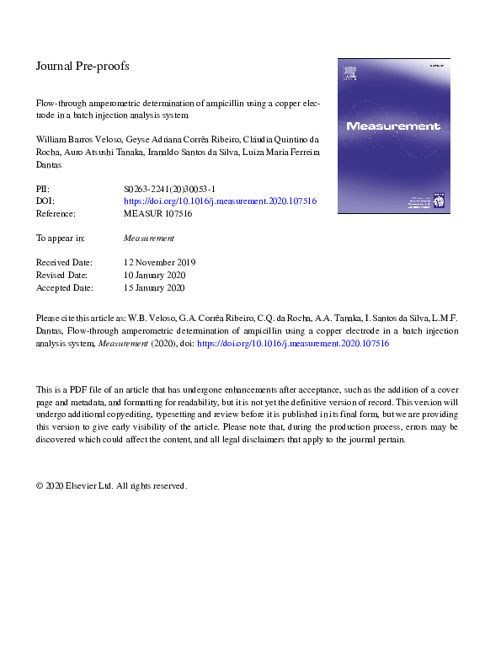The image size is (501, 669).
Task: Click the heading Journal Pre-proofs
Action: pyautogui.click(x=83, y=66)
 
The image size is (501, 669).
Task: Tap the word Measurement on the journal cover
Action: pyautogui.click(x=393, y=126)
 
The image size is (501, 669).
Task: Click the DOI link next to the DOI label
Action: pyautogui.click(x=220, y=202)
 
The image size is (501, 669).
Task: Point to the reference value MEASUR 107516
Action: pyautogui.click(x=157, y=214)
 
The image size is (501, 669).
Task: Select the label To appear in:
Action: pyautogui.click(x=60, y=238)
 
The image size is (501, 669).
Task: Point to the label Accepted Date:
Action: pyautogui.click(x=67, y=287)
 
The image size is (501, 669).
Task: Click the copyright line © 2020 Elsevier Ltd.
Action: pyautogui.click(x=111, y=486)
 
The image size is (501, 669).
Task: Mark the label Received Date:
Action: pyautogui.click(x=67, y=263)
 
